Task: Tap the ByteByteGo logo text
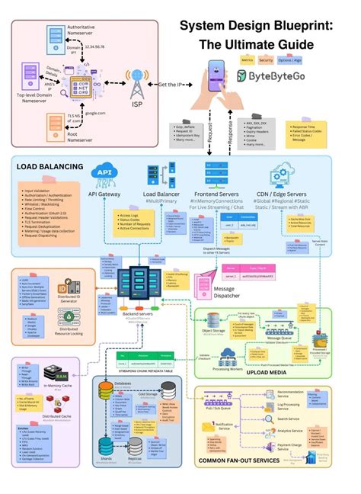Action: tap(277, 77)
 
